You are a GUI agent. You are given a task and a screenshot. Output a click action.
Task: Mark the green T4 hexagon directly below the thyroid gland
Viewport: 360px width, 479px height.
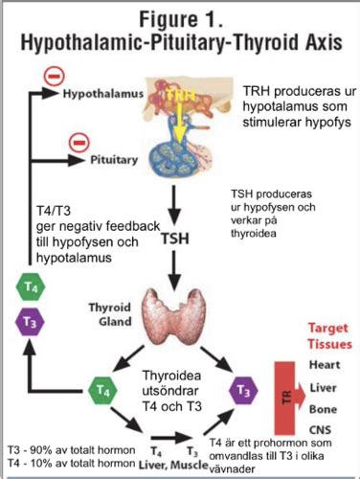101,389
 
